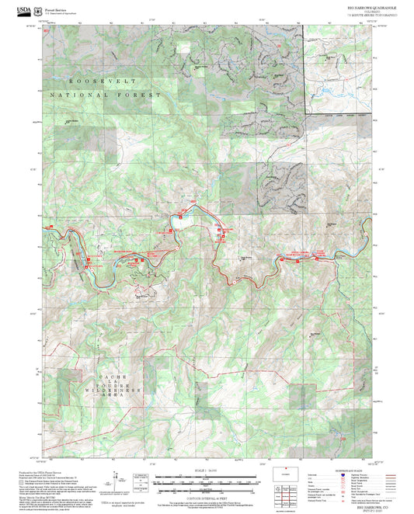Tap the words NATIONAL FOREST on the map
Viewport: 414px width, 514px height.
(105, 95)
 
